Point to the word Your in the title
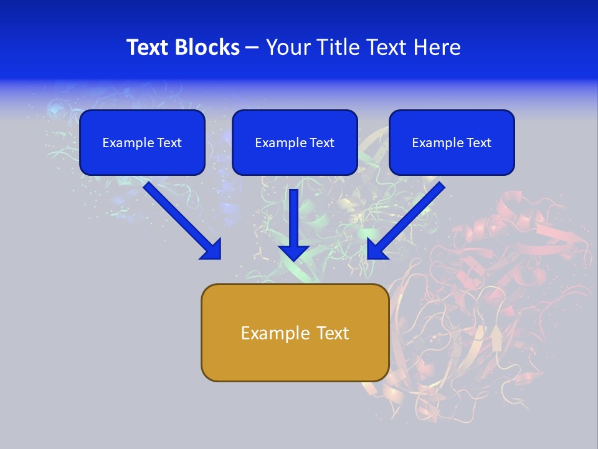[x=287, y=47]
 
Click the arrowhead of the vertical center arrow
[x=293, y=252]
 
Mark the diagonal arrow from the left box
[x=181, y=218]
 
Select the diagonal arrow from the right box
[x=408, y=218]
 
